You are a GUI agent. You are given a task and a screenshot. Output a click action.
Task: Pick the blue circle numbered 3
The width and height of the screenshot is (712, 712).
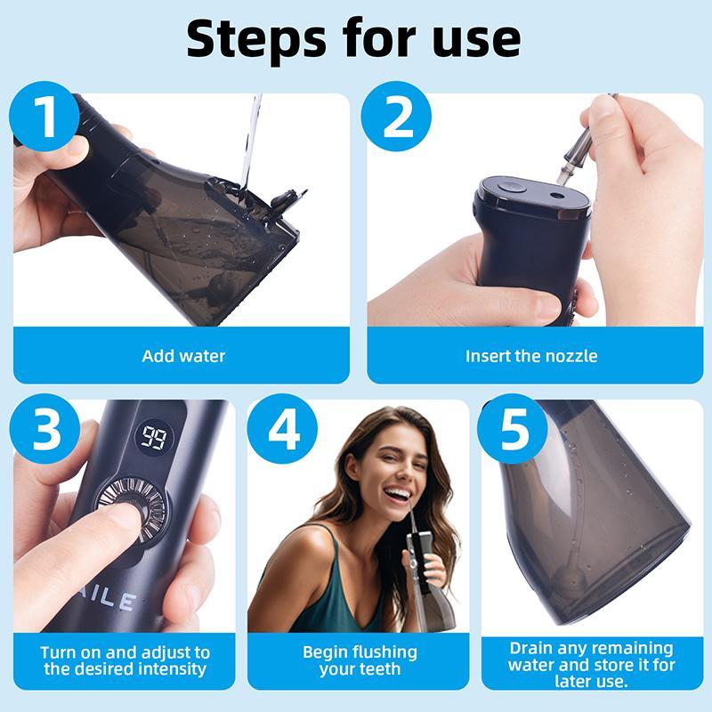pos(44,431)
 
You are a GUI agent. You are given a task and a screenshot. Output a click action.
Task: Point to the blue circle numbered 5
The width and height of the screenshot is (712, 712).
pos(512,431)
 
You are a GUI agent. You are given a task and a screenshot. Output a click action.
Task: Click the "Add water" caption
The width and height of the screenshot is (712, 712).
pos(183,356)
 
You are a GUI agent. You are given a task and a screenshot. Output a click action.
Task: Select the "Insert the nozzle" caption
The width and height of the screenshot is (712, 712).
pos(531,356)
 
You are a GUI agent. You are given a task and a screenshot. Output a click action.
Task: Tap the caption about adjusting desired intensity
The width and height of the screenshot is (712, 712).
pos(125,660)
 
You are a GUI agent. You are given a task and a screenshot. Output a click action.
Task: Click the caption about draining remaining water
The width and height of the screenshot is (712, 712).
pos(591,664)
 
